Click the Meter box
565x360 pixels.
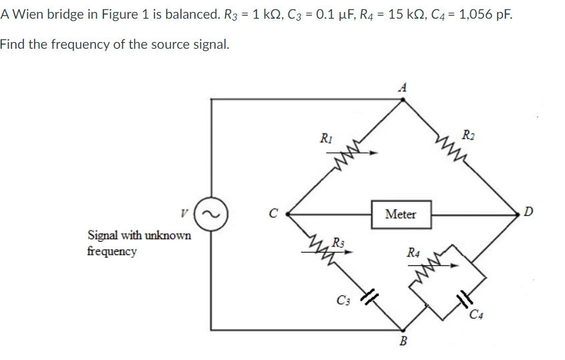(401, 214)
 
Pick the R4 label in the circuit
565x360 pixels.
(413, 252)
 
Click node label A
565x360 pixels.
(401, 86)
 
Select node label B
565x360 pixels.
(402, 343)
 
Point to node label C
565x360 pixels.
(272, 214)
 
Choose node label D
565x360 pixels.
(529, 213)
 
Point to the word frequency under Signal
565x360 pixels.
(112, 252)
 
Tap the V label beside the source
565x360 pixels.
(182, 214)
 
